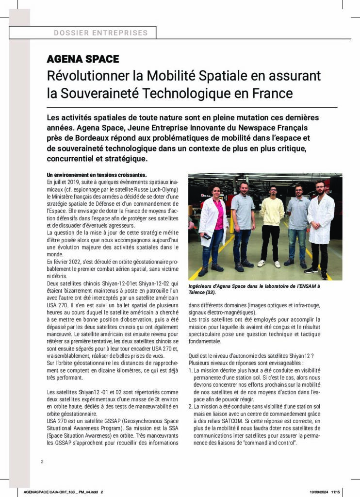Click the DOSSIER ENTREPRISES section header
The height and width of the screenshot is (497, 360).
coord(101,33)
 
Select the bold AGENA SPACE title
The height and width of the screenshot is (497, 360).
coord(82,59)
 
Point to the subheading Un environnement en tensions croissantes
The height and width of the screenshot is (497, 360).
coord(97,175)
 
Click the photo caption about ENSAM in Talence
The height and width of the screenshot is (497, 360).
coord(265,289)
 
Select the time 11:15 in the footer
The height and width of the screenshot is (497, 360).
coord(336,492)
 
